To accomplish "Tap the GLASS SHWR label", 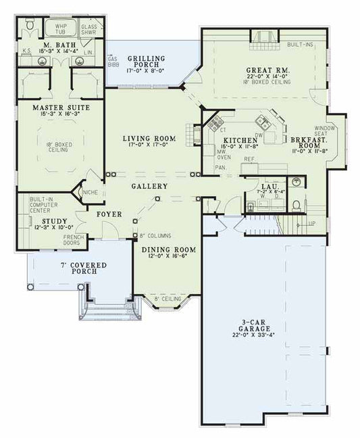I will pos(88,29).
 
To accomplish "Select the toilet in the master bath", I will pos(29,26).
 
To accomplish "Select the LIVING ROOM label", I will pos(149,139).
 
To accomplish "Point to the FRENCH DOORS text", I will pos(73,240).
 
